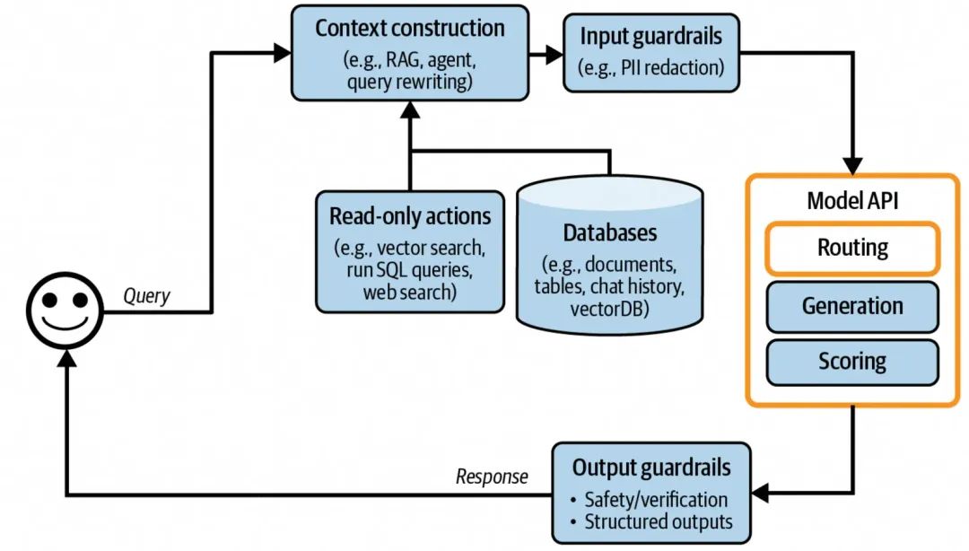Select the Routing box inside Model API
(x=851, y=248)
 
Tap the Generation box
(x=851, y=306)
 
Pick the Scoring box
(x=851, y=362)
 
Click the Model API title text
(x=851, y=200)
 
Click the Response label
(x=492, y=477)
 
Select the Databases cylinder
(x=610, y=256)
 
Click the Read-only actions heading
(x=410, y=216)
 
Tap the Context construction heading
(x=410, y=28)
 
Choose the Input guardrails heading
(x=651, y=37)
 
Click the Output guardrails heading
(x=651, y=468)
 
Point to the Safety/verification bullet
(x=656, y=500)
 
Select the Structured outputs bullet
(x=659, y=521)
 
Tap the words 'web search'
(x=409, y=292)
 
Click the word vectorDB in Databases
(x=610, y=308)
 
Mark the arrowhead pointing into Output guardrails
(x=761, y=493)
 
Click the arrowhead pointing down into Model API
(x=851, y=165)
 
